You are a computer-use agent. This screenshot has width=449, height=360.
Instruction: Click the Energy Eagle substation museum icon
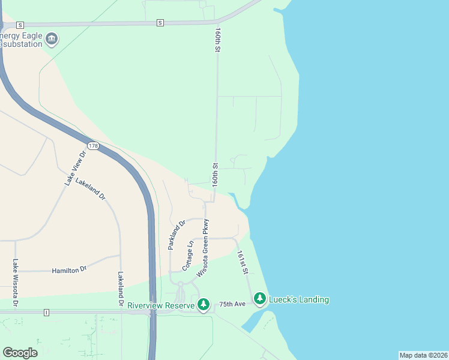coord(52,40)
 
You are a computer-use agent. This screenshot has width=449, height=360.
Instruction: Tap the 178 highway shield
coord(92,146)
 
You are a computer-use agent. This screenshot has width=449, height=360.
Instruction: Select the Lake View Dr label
coord(76,167)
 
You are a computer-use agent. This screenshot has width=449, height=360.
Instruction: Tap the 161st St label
coord(243,263)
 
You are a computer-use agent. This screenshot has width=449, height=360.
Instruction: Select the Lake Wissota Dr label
coord(16,285)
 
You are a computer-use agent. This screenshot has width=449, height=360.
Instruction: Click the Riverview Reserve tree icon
coord(204,305)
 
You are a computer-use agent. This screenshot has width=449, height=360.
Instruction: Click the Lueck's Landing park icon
coord(259,298)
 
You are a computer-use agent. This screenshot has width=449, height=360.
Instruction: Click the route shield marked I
coord(46,312)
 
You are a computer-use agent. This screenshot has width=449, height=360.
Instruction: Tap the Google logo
coord(20,353)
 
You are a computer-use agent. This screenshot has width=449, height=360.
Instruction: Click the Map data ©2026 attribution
coord(423,355)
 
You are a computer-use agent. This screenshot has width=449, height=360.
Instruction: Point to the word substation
coord(22,44)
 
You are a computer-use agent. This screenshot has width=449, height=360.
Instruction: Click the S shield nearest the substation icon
coord(20,25)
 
